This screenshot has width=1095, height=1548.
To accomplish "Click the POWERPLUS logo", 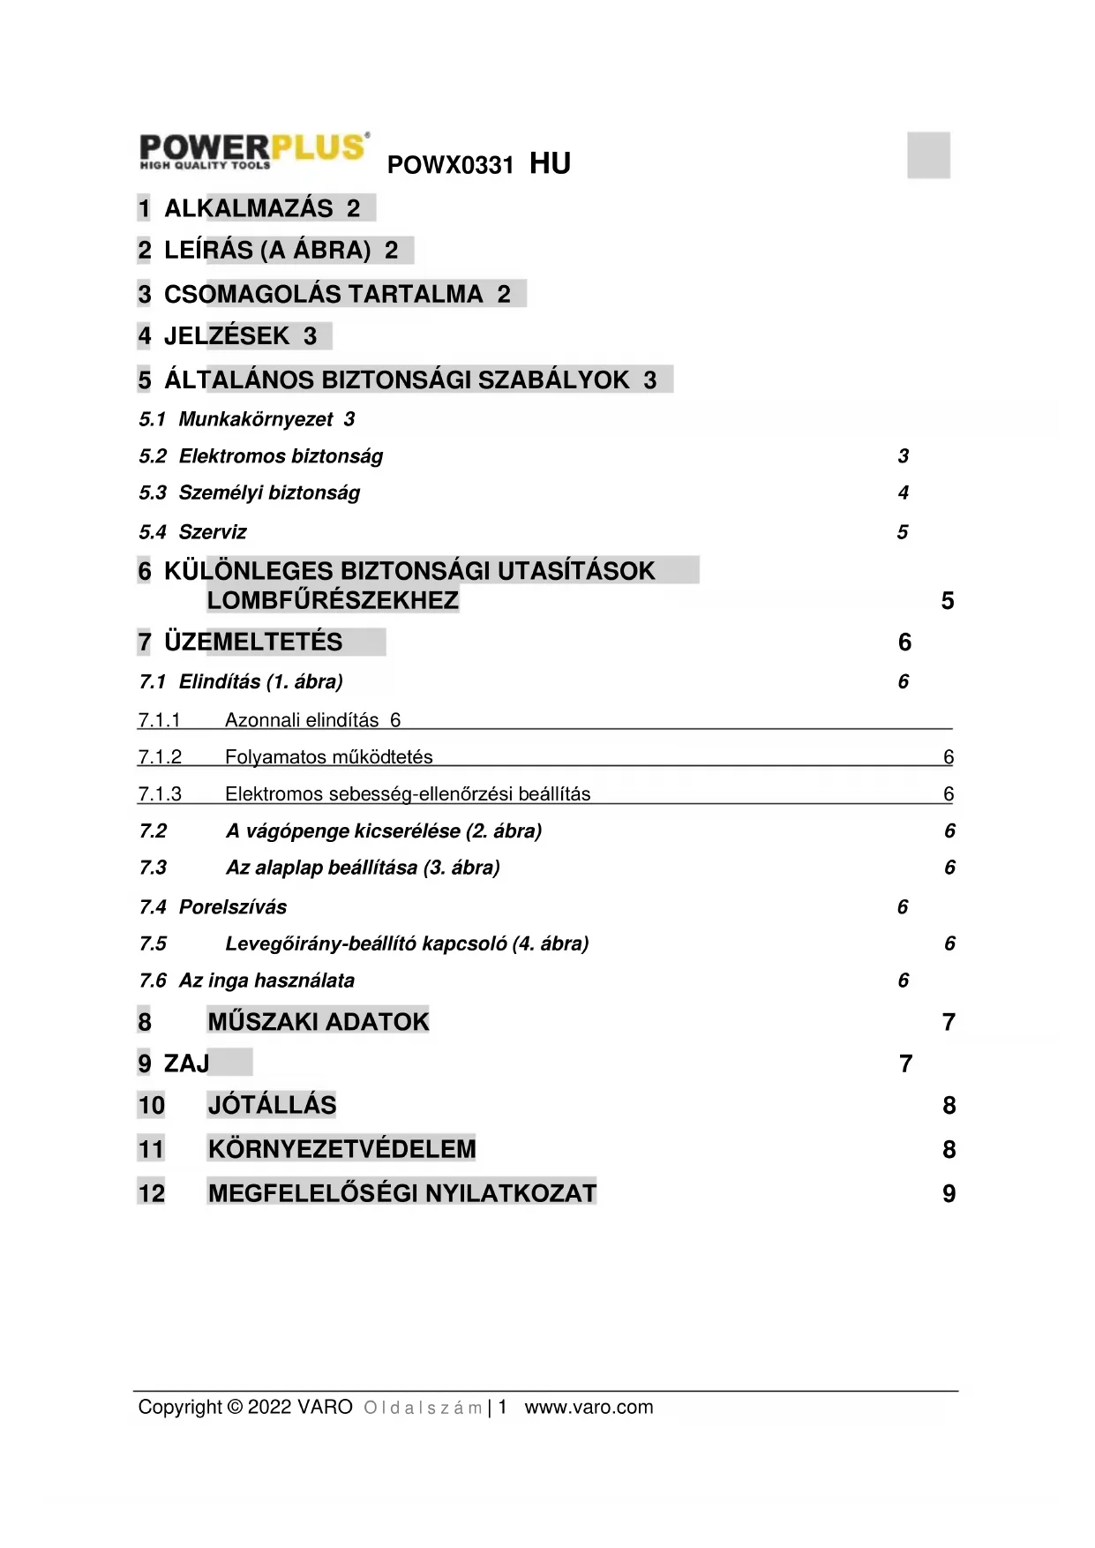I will [254, 151].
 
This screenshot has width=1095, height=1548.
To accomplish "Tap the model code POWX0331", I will [450, 165].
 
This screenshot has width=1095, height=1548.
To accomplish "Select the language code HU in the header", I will [550, 163].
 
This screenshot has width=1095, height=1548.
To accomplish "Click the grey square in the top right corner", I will [928, 155].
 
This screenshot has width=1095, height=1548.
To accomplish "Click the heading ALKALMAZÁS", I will [249, 208].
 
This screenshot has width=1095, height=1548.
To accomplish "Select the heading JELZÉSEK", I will [227, 336].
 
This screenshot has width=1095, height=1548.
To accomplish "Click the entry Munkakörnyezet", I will [256, 419].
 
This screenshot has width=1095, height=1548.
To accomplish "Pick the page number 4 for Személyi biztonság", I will [903, 492].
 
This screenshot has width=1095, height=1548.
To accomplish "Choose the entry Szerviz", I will [213, 532].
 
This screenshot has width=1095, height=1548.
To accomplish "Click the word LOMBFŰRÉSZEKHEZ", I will [333, 601].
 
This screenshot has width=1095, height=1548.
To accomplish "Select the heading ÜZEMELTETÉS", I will [253, 642].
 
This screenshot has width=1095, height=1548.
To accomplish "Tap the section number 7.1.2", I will [160, 757].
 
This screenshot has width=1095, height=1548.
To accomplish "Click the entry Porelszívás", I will [233, 907].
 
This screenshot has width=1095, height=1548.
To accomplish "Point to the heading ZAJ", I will [186, 1063].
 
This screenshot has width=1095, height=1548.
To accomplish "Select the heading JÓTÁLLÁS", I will [272, 1105].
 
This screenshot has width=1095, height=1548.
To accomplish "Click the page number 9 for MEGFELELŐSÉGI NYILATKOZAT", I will [949, 1193].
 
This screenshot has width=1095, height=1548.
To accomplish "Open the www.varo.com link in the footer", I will [589, 1407].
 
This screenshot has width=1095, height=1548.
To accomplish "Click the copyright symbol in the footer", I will [234, 1407].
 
